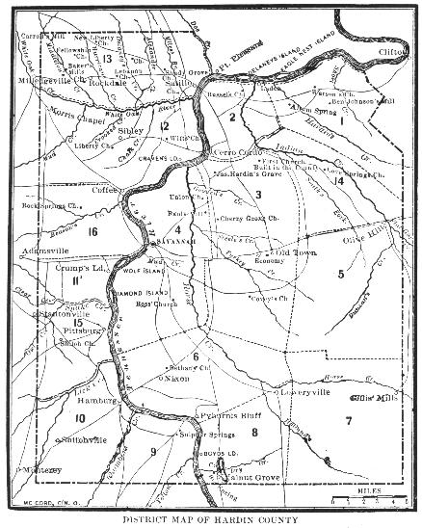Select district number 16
(92, 232)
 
